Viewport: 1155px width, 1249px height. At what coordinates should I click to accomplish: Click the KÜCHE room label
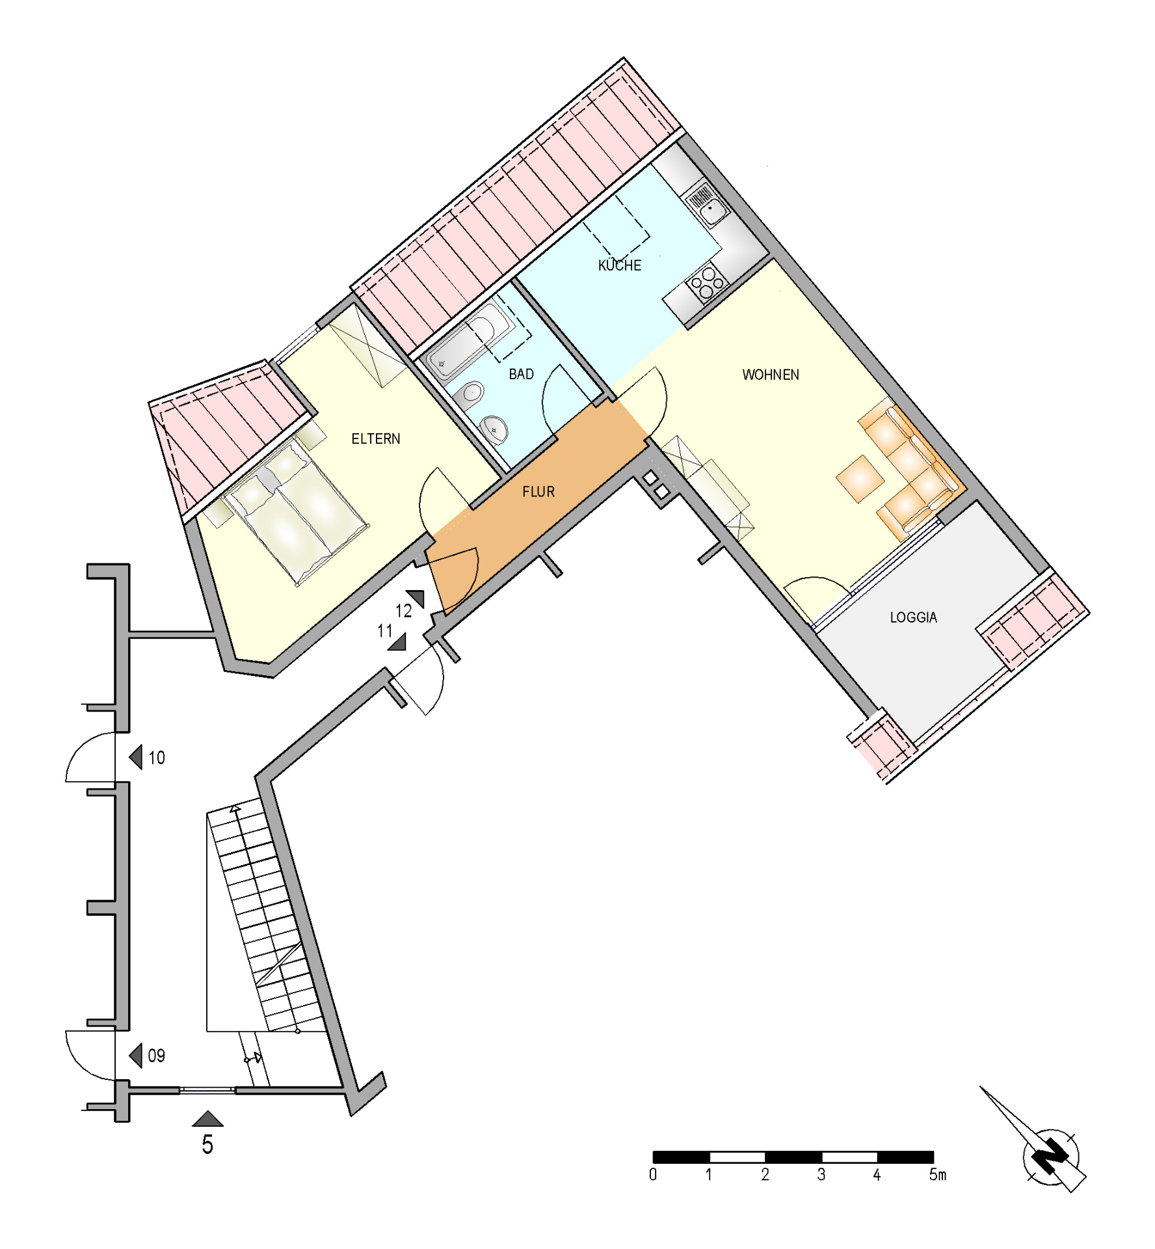coord(620,265)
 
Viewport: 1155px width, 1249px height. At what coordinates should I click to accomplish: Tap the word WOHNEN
coord(771,375)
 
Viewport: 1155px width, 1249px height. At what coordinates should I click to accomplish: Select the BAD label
coord(521,374)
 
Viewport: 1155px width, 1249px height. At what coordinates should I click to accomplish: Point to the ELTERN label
coord(376,439)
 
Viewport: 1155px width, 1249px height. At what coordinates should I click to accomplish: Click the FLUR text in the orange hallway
coord(538,492)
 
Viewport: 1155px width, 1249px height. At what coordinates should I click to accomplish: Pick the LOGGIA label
coord(914,617)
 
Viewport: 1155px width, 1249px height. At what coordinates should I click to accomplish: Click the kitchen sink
coord(707,204)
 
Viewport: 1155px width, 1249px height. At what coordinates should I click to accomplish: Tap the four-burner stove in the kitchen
coord(706,284)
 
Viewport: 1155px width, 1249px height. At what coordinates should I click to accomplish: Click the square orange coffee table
coord(860,478)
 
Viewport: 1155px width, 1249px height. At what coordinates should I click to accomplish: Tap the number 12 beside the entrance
coord(403,611)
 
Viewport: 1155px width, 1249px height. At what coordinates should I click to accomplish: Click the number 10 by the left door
coord(157,758)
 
